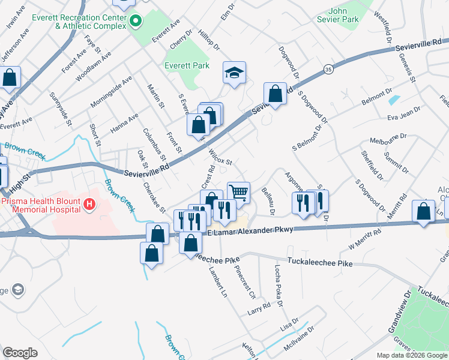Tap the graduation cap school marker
pyautogui.click(x=234, y=74)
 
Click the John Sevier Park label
pyautogui.click(x=344, y=15)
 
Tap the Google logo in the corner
pyautogui.click(x=20, y=353)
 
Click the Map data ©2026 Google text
pyautogui.click(x=412, y=355)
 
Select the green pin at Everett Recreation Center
pyautogui.click(x=135, y=22)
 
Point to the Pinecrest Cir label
pyautogui.click(x=246, y=283)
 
